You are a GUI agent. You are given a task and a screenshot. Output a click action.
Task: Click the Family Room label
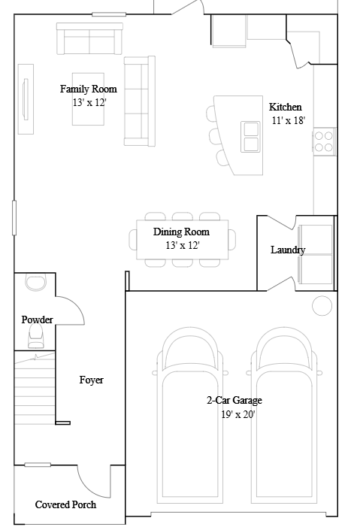pyautogui.click(x=89, y=89)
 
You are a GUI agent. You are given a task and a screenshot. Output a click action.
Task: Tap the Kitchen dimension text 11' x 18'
pyautogui.click(x=289, y=120)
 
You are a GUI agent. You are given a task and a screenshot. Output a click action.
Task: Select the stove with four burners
pyautogui.click(x=324, y=141)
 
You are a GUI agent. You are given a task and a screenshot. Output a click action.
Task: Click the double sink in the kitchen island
pyautogui.click(x=251, y=137)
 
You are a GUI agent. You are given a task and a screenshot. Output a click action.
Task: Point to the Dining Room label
pyautogui.click(x=182, y=232)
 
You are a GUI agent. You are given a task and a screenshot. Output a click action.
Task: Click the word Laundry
pyautogui.click(x=288, y=250)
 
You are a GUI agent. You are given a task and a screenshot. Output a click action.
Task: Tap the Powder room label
pyautogui.click(x=37, y=320)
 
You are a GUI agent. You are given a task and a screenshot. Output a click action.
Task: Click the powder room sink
pyautogui.click(x=36, y=283)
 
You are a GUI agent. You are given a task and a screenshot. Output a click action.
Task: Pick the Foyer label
pyautogui.click(x=91, y=380)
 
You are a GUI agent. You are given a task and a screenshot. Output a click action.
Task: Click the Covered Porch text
pyautogui.click(x=65, y=504)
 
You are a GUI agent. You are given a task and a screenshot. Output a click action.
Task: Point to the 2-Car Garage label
pyautogui.click(x=234, y=400)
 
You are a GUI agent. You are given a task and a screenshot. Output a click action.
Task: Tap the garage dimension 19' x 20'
pyautogui.click(x=238, y=414)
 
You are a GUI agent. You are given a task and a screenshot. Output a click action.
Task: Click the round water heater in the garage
pyautogui.click(x=322, y=305)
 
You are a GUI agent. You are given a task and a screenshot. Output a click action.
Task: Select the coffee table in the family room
pyautogui.click(x=88, y=99)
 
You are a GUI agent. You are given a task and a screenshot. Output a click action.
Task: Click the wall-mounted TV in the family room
pyautogui.click(x=26, y=99)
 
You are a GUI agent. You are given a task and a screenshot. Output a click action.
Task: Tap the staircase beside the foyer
pyautogui.click(x=35, y=388)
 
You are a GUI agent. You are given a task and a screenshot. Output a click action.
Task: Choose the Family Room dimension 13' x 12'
pyautogui.click(x=89, y=102)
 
